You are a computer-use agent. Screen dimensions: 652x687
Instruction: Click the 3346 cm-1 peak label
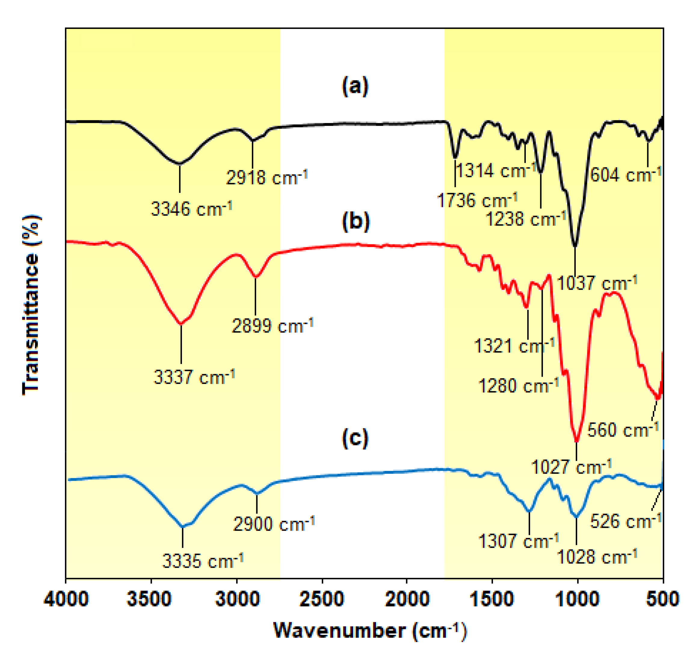coord(191,209)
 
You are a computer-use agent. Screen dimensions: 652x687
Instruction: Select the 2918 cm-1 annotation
coord(266,177)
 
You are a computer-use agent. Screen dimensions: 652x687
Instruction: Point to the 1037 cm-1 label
coord(597,283)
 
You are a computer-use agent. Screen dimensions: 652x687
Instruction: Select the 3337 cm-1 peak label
coord(194,377)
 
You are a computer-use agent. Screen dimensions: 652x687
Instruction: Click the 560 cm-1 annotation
coord(623,430)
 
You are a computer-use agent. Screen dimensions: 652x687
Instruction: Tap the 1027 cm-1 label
coord(571,467)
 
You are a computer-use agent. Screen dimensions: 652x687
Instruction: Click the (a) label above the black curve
coord(355,86)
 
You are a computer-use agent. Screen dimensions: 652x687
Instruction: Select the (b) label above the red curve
coord(356,221)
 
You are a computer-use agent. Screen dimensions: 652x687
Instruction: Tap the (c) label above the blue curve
coord(355,439)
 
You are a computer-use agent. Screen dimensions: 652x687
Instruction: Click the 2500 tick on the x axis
coord(322,600)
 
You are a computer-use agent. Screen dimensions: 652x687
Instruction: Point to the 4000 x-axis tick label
coord(66,600)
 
